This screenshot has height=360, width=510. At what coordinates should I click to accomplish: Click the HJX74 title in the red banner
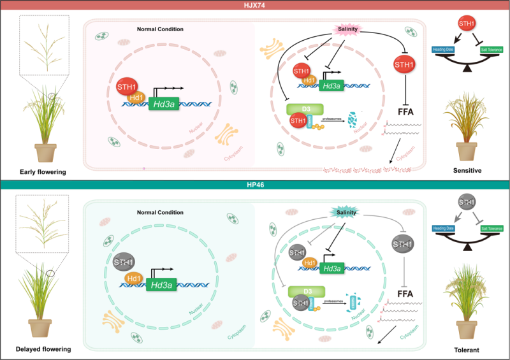[x=255, y=4]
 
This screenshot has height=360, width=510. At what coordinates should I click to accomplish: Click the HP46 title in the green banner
[x=255, y=185]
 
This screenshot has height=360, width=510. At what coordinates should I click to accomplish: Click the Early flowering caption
[x=42, y=171]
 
